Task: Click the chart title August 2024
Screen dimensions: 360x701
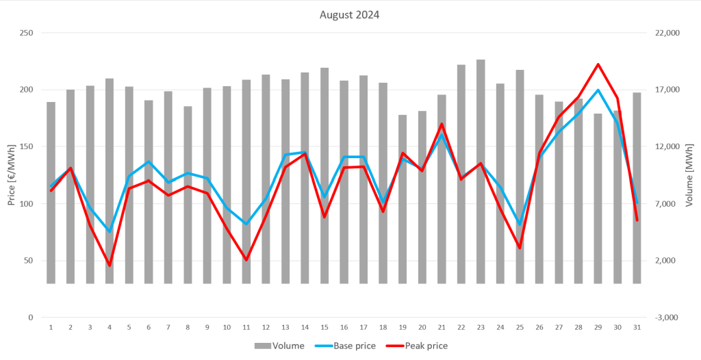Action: click(x=349, y=14)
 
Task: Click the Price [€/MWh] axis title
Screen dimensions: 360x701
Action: click(x=11, y=175)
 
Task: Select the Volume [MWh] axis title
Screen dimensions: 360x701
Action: click(x=689, y=175)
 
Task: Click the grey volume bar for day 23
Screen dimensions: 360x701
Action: click(x=481, y=171)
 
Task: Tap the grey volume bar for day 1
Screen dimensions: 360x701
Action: click(x=51, y=192)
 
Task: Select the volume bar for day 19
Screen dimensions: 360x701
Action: click(x=403, y=198)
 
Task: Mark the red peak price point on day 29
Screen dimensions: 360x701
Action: click(x=598, y=64)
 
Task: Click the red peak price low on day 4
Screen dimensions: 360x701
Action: click(x=110, y=265)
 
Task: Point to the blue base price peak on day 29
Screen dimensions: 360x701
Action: click(x=598, y=90)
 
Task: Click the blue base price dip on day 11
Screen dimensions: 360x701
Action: click(x=246, y=224)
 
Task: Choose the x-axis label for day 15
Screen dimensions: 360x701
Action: click(x=324, y=327)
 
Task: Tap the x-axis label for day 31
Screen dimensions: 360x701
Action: click(x=637, y=327)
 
